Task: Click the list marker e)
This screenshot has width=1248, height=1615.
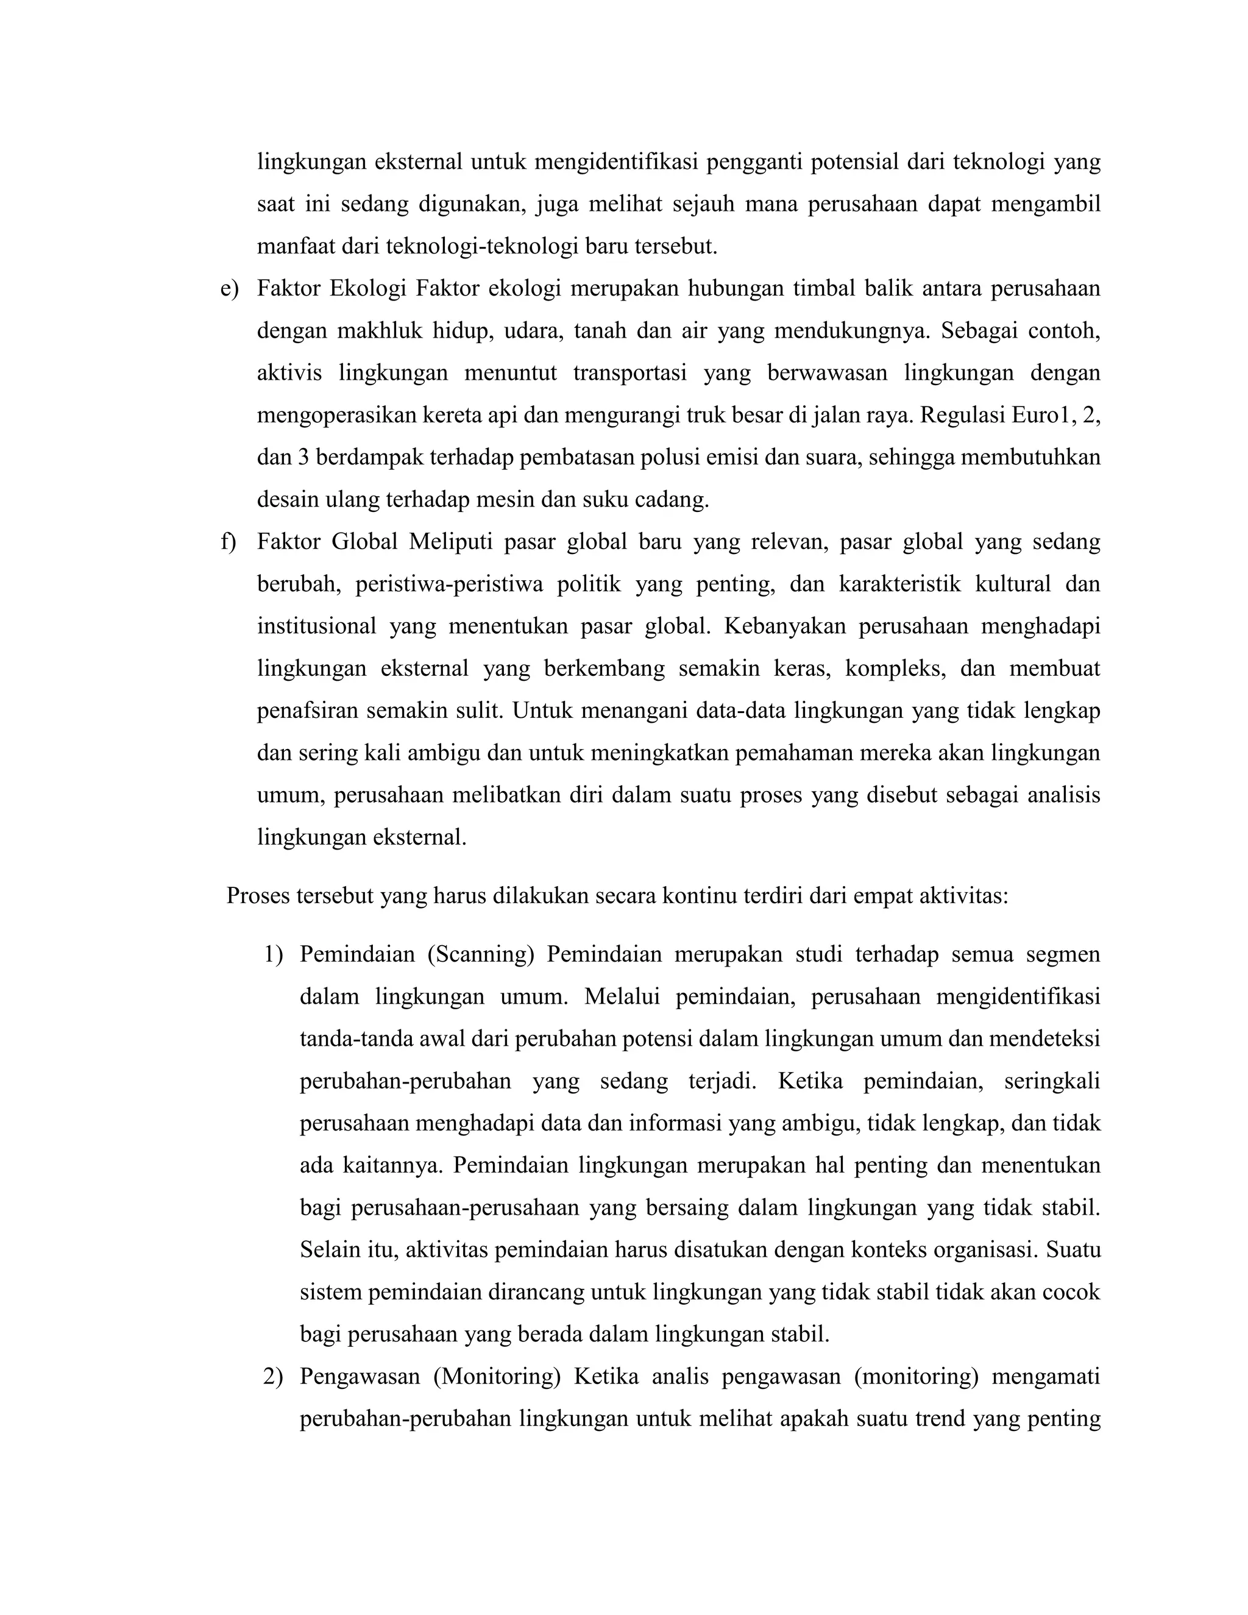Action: point(229,288)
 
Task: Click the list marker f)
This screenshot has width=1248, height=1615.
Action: point(228,542)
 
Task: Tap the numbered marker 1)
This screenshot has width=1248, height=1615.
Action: point(273,954)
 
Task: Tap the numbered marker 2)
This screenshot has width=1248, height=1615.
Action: point(273,1377)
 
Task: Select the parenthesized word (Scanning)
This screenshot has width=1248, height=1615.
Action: point(481,954)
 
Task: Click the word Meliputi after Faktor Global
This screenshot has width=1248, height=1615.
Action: point(450,542)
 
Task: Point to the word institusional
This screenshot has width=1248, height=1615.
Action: point(316,626)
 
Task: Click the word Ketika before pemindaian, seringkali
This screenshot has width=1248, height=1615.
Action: point(810,1081)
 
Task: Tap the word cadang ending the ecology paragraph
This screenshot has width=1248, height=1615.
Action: point(678,500)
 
